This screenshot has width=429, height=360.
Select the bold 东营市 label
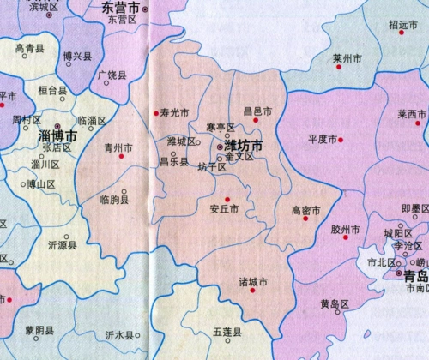(x=119, y=7)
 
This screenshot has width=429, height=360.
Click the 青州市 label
(x=117, y=147)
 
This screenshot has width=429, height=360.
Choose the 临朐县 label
(x=114, y=200)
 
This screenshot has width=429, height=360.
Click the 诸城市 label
(x=253, y=281)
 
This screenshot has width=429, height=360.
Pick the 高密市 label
(x=305, y=209)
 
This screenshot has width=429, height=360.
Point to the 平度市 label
(x=323, y=139)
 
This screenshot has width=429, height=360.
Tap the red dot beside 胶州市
(x=347, y=217)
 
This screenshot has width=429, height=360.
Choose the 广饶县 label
(x=113, y=75)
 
